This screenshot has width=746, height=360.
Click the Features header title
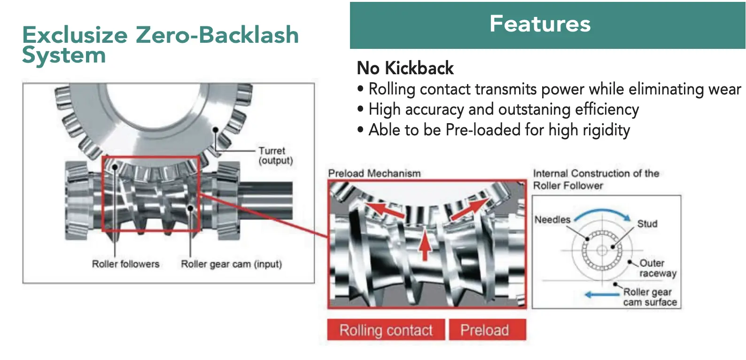tap(540, 23)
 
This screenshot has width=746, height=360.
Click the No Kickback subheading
tap(405, 68)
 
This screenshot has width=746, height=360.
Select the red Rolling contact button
tap(386, 330)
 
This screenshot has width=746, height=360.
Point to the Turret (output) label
tap(275, 156)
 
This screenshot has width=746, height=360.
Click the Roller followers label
tap(125, 264)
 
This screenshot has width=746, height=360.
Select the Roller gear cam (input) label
tap(231, 264)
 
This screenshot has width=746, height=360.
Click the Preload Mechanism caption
tap(374, 173)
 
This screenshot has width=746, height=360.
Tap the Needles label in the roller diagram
tap(552, 219)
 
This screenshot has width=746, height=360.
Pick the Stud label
tap(647, 224)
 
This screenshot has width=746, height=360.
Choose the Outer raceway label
tap(657, 268)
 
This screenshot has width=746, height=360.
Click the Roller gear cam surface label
tap(650, 297)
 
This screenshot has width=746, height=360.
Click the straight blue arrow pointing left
tap(602, 295)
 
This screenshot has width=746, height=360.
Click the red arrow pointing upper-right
tap(469, 209)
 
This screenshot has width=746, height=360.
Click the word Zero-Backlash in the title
tap(217, 35)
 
